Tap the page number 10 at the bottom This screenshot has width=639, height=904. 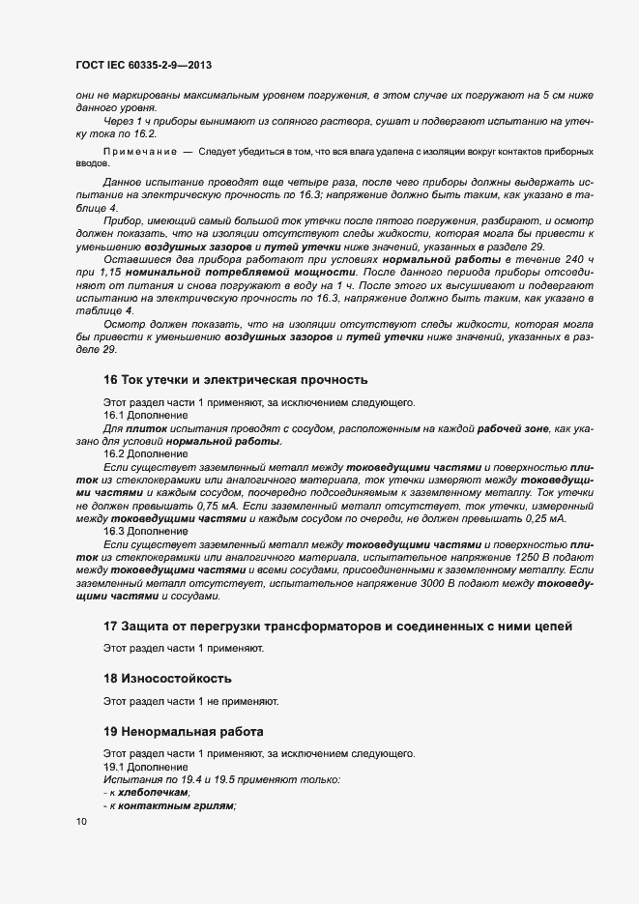coord(81,821)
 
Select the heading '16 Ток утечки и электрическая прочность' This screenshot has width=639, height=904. coord(235,379)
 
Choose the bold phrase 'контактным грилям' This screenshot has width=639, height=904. coord(173,806)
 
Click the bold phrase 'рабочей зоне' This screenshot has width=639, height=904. coord(508,428)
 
